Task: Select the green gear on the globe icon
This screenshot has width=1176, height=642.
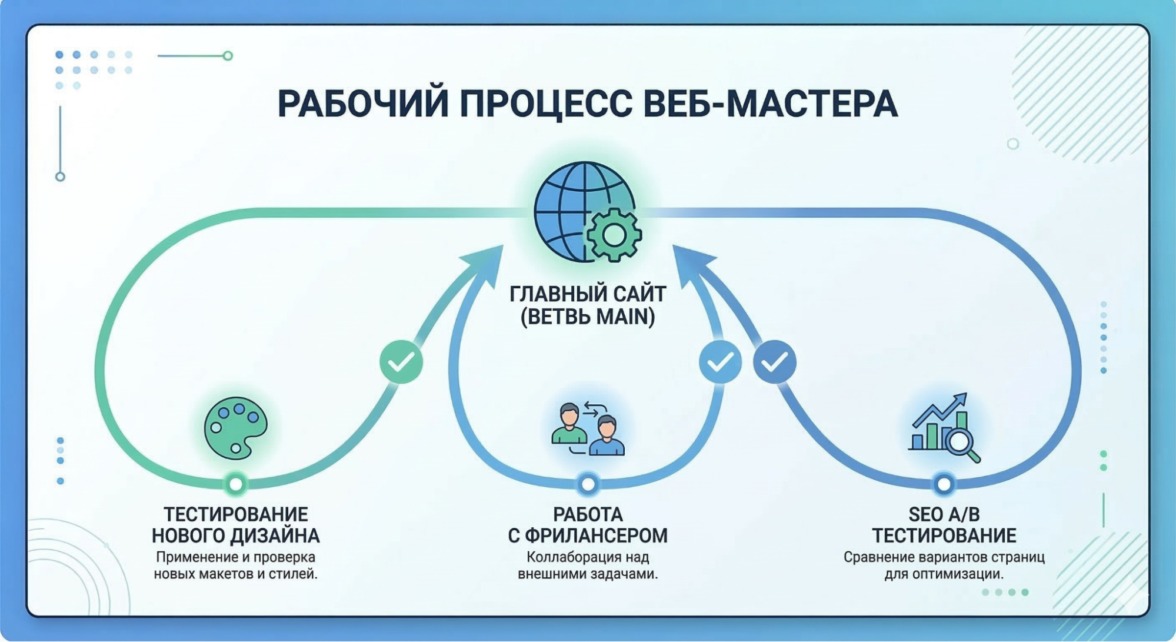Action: tap(614, 235)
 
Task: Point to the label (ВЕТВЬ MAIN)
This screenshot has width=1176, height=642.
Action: tap(588, 317)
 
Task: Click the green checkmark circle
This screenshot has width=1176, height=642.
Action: tap(401, 362)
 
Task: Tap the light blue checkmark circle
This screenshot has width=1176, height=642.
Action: tap(720, 362)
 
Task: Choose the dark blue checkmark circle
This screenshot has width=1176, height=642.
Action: tap(775, 361)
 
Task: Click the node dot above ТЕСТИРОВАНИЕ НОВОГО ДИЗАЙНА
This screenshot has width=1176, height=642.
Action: tap(236, 484)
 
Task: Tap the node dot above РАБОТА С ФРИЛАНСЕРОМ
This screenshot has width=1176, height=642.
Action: tap(588, 484)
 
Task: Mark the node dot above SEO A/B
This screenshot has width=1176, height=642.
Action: tap(944, 484)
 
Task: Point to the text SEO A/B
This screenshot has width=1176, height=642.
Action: tap(944, 514)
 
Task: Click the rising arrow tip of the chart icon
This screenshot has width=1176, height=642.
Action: tap(962, 397)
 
